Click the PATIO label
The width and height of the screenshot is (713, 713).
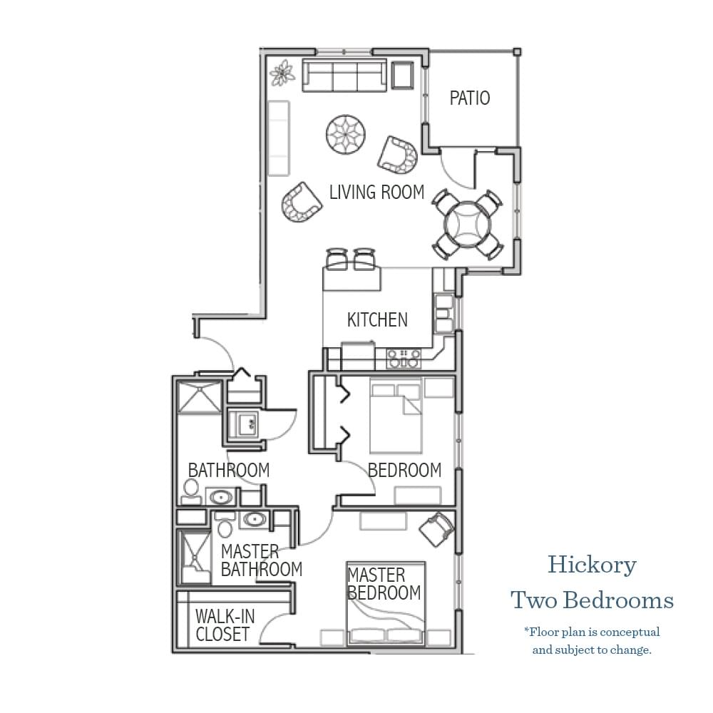470,98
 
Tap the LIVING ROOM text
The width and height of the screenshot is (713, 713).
376,192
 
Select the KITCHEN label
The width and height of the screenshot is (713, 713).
377,320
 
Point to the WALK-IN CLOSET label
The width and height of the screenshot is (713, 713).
224,625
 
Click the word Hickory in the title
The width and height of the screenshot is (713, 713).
592,565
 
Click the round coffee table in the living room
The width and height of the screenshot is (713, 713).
347,133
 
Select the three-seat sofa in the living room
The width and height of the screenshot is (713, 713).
344,76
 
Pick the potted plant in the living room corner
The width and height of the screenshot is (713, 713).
284,73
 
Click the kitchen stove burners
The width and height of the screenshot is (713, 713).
404,358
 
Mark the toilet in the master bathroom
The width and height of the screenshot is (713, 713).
225,527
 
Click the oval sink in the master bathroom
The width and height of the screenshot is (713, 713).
254,519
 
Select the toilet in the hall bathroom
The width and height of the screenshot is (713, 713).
190,490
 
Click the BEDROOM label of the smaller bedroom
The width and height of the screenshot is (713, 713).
404,471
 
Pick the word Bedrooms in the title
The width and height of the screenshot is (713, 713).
617,600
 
